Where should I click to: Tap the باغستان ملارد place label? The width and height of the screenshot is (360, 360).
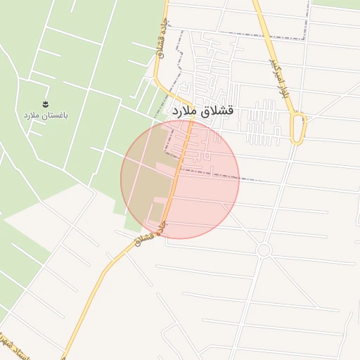45,114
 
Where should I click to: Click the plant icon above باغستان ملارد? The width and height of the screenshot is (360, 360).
46,103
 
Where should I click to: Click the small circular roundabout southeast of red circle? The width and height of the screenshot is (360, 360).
264,250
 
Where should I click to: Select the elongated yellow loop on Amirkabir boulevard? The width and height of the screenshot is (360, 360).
299,129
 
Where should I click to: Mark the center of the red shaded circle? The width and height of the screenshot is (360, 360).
180,179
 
